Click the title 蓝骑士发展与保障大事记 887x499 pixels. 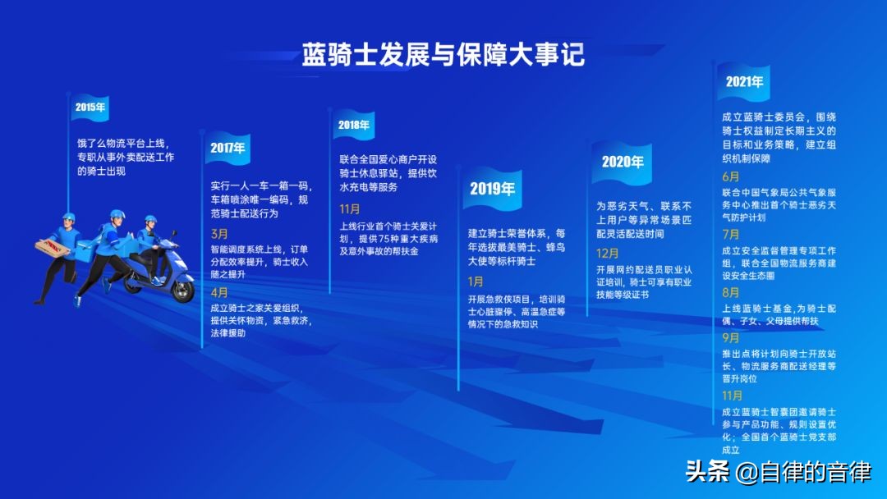tap(443, 55)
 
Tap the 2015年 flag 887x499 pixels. tap(90, 108)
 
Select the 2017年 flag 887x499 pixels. tap(227, 148)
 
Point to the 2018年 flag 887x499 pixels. tap(353, 125)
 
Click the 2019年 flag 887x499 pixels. tap(492, 189)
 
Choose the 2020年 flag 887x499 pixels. tap(623, 163)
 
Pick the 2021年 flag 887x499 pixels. tap(744, 83)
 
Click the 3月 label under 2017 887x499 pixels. tap(219, 234)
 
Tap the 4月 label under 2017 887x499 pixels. tap(219, 293)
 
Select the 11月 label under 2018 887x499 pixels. tap(350, 209)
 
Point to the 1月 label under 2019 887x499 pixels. tap(476, 282)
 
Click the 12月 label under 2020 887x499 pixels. tap(607, 254)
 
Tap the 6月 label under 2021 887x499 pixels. tap(730, 177)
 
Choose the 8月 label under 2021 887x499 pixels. tap(730, 293)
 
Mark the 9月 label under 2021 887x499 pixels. tap(730, 338)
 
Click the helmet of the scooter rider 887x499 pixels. tap(150, 219)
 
